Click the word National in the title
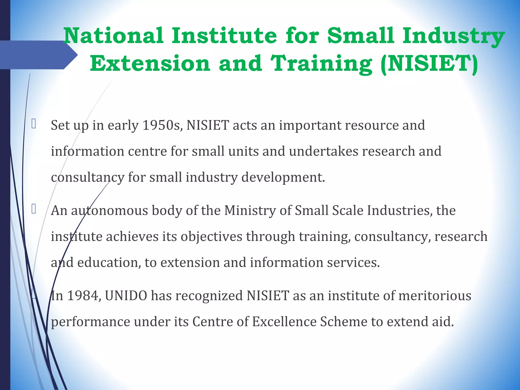tap(113, 36)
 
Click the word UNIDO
tap(126, 296)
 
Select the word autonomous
tap(109, 210)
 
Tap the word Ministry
tap(250, 210)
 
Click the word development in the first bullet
tap(283, 177)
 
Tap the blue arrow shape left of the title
tap(38, 55)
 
